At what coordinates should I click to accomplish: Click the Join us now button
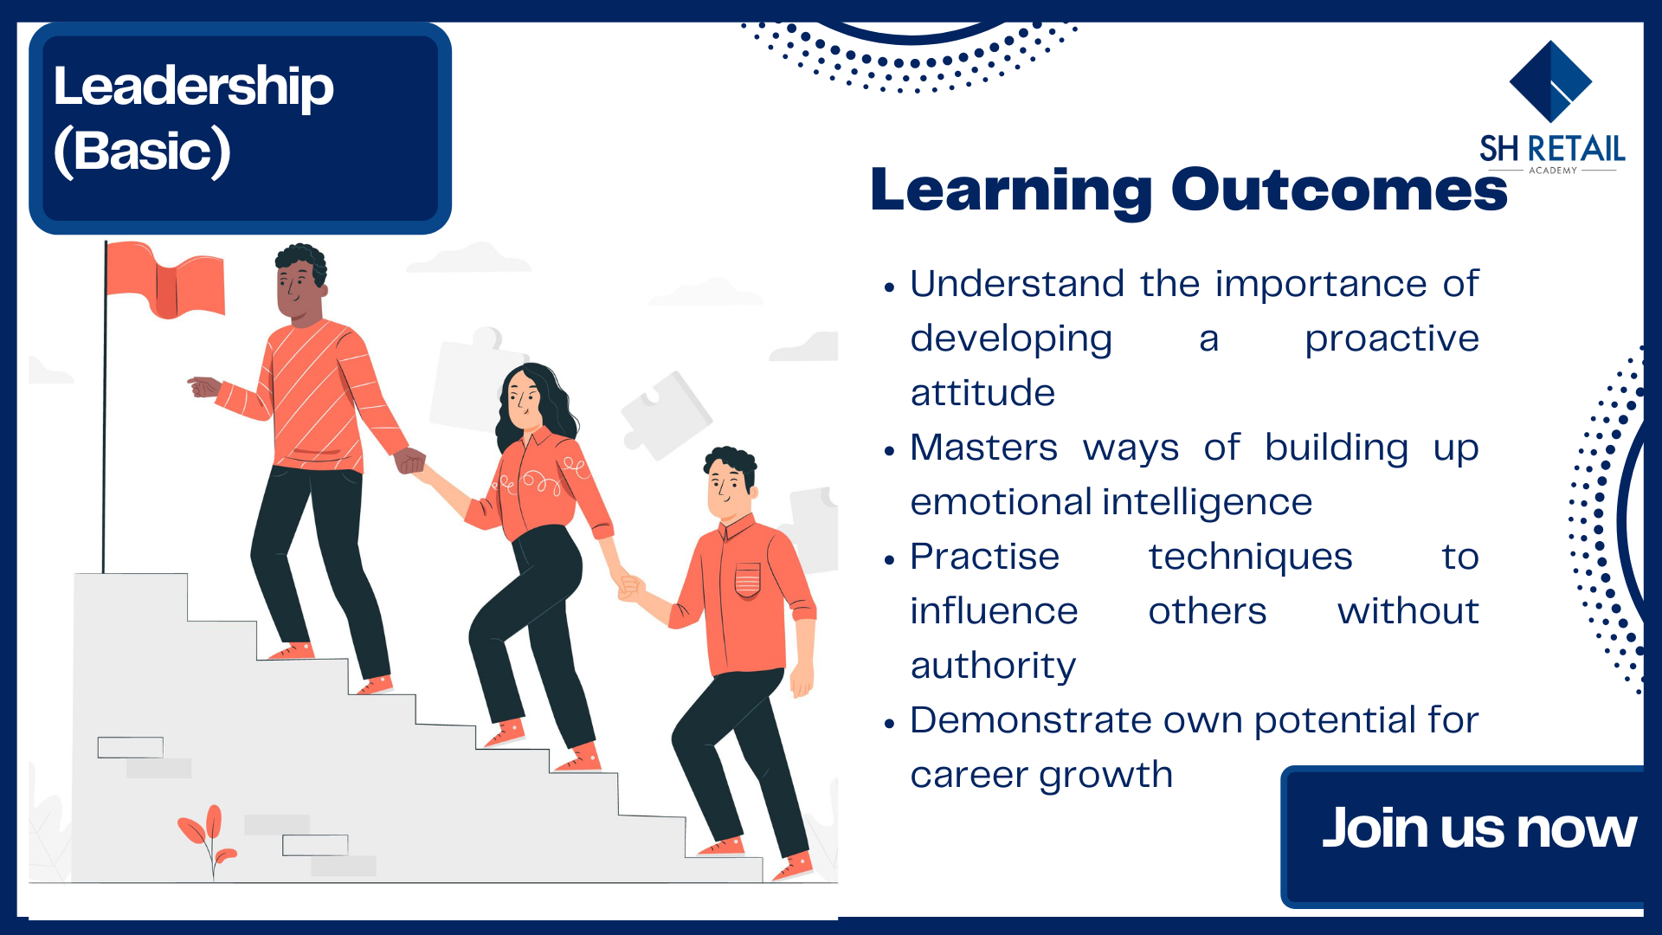point(1472,836)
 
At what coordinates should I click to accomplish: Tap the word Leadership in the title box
point(193,87)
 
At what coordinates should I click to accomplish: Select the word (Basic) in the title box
point(142,152)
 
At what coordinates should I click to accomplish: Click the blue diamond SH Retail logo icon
point(1550,81)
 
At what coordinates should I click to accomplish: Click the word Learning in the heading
point(1011,192)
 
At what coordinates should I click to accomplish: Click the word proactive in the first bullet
point(1392,339)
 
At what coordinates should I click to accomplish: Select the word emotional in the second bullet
point(1001,502)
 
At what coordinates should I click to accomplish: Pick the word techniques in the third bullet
point(1250,558)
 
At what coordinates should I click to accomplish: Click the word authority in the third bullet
point(993,667)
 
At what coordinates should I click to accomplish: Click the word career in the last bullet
point(969,776)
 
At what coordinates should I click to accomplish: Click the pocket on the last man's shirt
point(747,580)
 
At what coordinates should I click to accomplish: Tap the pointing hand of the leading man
point(204,386)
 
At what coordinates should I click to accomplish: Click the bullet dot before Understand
point(889,287)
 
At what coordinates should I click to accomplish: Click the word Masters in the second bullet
point(984,448)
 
